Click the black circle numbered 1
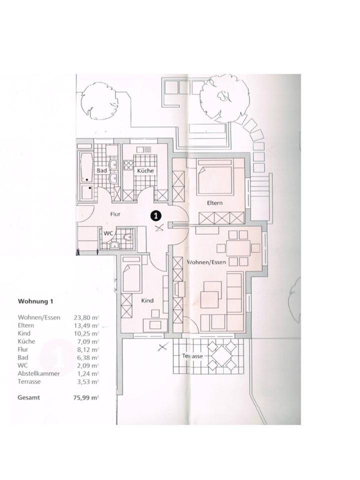point(156,215)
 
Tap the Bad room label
point(102,170)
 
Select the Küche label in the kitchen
point(145,171)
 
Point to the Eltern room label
point(214,203)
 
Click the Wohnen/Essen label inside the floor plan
point(207,262)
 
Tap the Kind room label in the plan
point(147,300)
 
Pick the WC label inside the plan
point(107,233)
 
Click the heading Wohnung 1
point(35,301)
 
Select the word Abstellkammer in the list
point(38,373)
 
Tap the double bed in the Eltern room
point(214,177)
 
